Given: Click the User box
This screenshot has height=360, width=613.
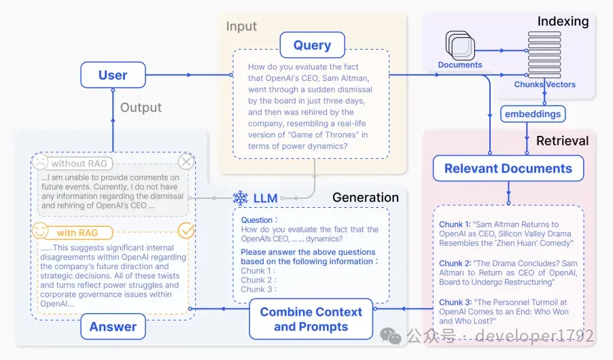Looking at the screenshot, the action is pos(113,75).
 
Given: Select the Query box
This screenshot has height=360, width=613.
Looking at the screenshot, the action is pos(313,45).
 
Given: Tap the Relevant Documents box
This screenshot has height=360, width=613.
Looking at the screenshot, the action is pos(508,168).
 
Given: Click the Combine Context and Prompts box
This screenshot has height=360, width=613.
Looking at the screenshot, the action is pos(311,319).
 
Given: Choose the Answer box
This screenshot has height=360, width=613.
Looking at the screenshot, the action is pos(113,327).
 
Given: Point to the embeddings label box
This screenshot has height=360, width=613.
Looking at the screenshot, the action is pos(533,113).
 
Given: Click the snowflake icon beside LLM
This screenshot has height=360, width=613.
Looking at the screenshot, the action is pos(241,198).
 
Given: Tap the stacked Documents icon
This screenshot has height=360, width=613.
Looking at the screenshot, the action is pos(460,45).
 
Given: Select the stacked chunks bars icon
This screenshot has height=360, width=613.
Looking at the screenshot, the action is pos(544,55).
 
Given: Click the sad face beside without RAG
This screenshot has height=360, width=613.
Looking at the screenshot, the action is pos(40,162).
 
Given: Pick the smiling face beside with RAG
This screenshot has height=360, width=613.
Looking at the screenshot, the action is pos(40,231).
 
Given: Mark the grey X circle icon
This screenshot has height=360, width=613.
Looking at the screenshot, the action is pos(186,161).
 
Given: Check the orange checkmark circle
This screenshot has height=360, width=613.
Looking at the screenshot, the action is pos(186,230).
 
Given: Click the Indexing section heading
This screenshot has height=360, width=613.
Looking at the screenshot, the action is pos(563,22).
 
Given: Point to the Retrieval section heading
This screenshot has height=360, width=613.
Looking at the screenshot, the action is pos(562,141).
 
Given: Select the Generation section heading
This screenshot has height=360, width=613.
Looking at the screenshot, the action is pos(366,198).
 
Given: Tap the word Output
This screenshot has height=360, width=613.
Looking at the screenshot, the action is pos(141,107).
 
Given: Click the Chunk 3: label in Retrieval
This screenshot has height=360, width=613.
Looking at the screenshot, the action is pos(455,302).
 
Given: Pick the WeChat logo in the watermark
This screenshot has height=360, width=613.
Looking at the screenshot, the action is pos(391,336).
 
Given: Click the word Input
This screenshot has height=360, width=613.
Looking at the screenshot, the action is pos(242,26).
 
